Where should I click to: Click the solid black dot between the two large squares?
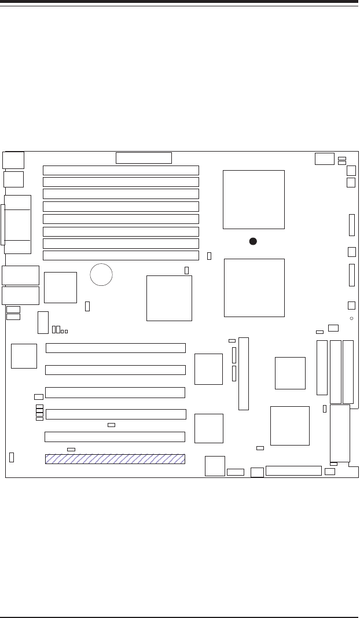pos(253,241)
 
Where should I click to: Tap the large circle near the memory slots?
pos(101,274)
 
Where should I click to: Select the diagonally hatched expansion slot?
pos(115,459)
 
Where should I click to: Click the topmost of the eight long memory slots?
pos(121,170)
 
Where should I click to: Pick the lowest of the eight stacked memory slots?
pos(121,255)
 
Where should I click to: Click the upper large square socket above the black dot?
pos(254,200)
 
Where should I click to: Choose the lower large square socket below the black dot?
pos(254,288)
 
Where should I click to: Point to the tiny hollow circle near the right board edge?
pos(351,319)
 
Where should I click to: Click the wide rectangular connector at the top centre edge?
pos(144,158)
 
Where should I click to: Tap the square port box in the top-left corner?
pos(13,160)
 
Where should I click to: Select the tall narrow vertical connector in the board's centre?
pos(243,373)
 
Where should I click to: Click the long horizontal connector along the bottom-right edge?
pos(293,470)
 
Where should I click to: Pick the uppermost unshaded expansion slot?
pos(116,348)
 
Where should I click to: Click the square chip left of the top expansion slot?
pos(24,356)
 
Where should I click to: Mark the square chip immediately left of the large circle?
pos(60,287)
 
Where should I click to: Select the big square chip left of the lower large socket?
pos(169,298)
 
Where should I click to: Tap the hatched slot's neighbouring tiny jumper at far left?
pos(12,457)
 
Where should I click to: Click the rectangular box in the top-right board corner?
pos(325,159)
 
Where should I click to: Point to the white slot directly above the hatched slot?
pos(115,436)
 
